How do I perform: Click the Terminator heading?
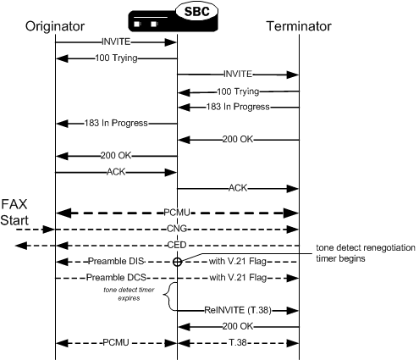pyautogui.click(x=299, y=26)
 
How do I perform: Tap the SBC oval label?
pyautogui.click(x=196, y=11)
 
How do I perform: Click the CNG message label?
pyautogui.click(x=177, y=229)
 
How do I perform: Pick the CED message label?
pyautogui.click(x=177, y=246)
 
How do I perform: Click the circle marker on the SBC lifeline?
pyautogui.click(x=177, y=262)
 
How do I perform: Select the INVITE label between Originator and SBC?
pyautogui.click(x=117, y=41)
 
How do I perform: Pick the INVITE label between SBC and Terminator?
pyautogui.click(x=238, y=74)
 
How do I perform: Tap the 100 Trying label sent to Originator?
pyautogui.click(x=117, y=58)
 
